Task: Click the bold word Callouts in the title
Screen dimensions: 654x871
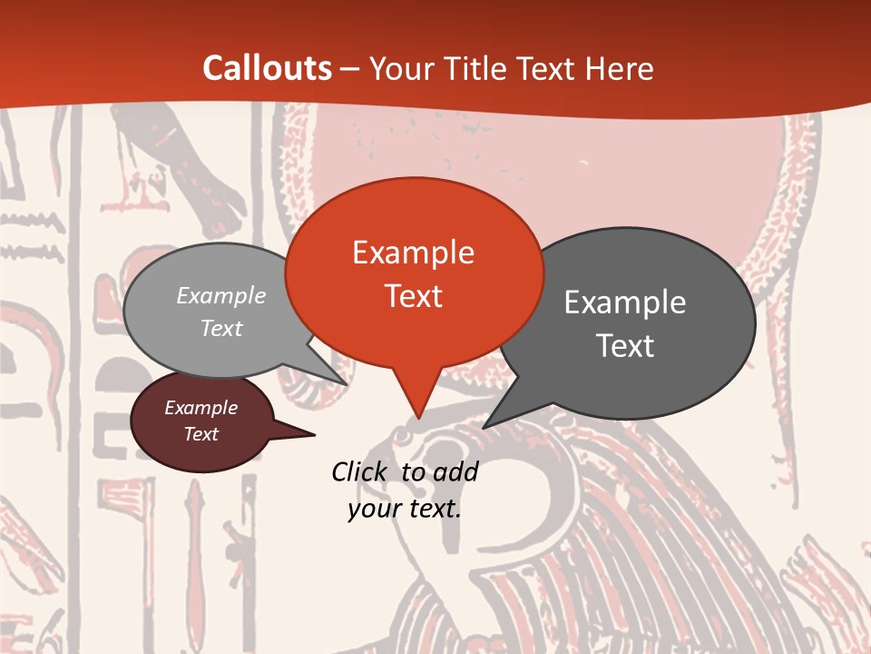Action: tap(267, 68)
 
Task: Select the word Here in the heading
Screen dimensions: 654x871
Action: tap(620, 68)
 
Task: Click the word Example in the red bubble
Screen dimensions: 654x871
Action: tap(413, 253)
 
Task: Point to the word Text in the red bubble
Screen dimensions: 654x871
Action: tap(413, 296)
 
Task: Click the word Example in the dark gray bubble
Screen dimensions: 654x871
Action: tap(625, 302)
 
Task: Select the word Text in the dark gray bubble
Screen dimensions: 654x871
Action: tap(625, 346)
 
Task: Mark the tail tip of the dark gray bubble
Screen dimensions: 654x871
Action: tap(484, 428)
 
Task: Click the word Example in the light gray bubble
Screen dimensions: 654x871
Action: tap(221, 296)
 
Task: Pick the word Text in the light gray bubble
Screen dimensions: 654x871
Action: tap(221, 329)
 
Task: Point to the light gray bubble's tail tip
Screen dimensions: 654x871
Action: tap(347, 384)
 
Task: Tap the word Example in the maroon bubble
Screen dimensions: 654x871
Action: tap(201, 409)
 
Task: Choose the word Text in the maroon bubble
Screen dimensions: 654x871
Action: tap(201, 434)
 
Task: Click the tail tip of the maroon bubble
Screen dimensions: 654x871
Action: tap(315, 435)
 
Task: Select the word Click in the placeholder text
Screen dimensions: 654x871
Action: tap(360, 471)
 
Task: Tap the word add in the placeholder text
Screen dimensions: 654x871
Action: tap(455, 471)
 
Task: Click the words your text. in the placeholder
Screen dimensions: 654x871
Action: tap(405, 509)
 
